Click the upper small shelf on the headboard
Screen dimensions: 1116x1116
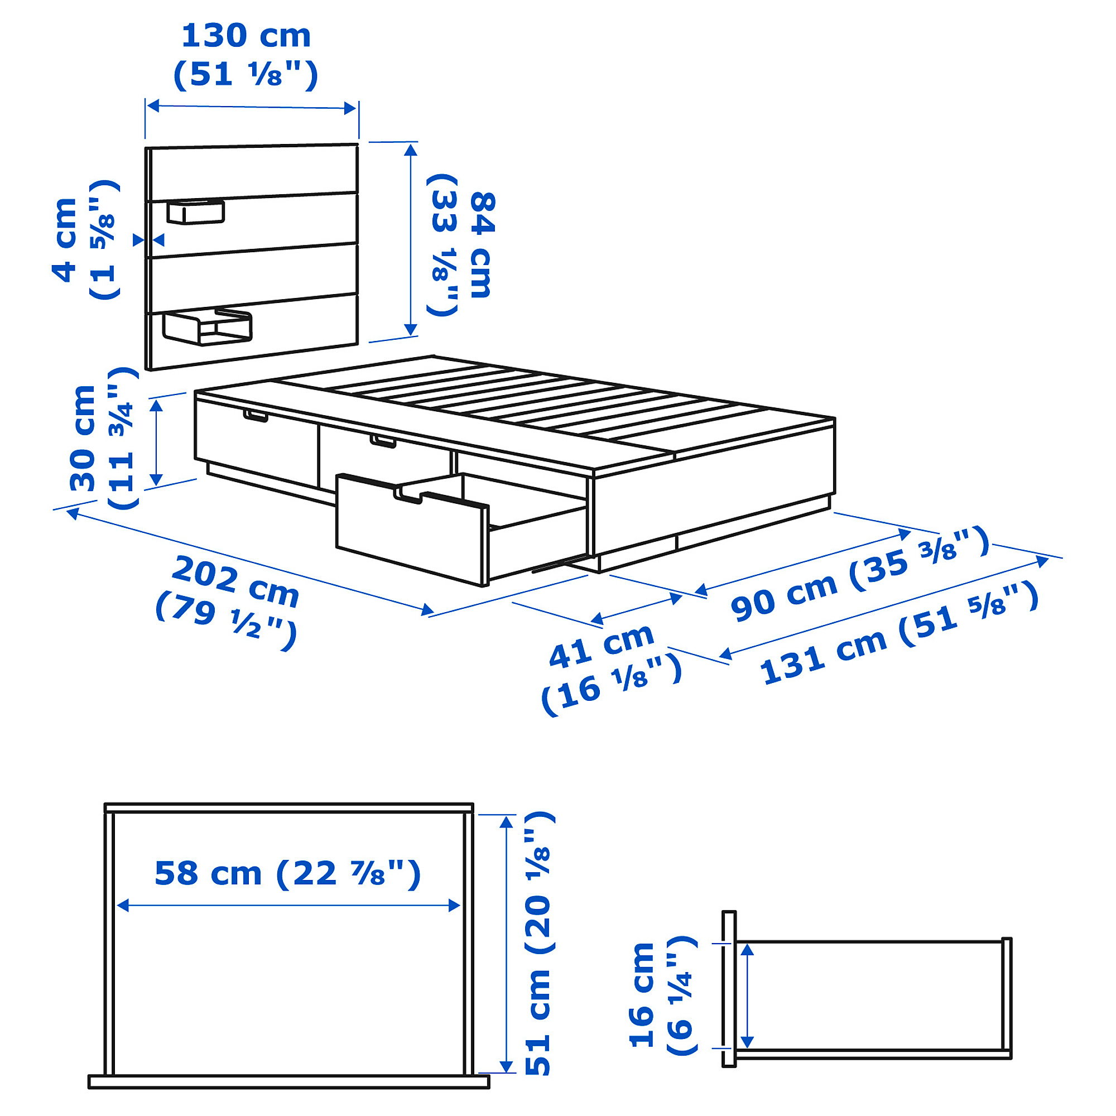click(195, 211)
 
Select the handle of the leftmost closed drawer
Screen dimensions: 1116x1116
click(256, 416)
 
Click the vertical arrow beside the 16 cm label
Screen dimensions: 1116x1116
click(747, 995)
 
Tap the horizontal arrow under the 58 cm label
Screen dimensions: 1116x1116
click(288, 905)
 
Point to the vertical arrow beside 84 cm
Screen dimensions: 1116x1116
click(411, 240)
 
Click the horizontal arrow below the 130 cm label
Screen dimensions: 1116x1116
click(251, 108)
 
